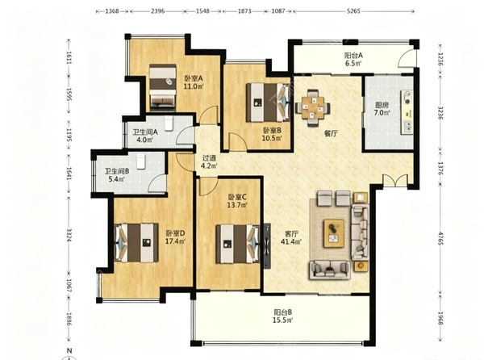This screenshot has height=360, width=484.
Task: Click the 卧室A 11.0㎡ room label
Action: (x=194, y=82)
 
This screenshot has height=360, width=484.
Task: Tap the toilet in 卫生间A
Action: (x=169, y=123)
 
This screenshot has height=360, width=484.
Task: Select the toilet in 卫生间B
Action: (x=140, y=161)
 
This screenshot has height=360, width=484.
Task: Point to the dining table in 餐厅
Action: (x=313, y=107)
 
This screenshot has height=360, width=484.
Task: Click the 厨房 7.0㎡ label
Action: (x=382, y=109)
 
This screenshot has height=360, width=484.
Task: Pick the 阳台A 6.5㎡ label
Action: (x=353, y=60)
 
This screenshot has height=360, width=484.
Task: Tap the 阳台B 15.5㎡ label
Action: (x=283, y=316)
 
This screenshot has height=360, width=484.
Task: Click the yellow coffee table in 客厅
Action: (x=334, y=233)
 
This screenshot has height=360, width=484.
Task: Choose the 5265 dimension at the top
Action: (x=353, y=11)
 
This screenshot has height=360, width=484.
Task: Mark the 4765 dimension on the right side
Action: (x=440, y=237)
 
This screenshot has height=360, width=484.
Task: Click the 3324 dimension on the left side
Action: (x=69, y=235)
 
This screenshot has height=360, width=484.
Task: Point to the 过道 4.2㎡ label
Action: (x=209, y=161)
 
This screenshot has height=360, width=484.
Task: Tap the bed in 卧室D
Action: (x=136, y=243)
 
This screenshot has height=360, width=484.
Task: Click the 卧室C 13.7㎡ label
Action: (x=236, y=201)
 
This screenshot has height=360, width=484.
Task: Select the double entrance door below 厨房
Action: (x=395, y=180)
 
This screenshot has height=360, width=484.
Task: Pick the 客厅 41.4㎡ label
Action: (x=290, y=238)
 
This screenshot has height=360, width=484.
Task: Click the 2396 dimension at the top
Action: (x=157, y=11)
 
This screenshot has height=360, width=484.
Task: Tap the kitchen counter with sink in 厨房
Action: (x=407, y=112)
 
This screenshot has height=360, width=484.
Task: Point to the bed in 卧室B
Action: (x=268, y=103)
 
